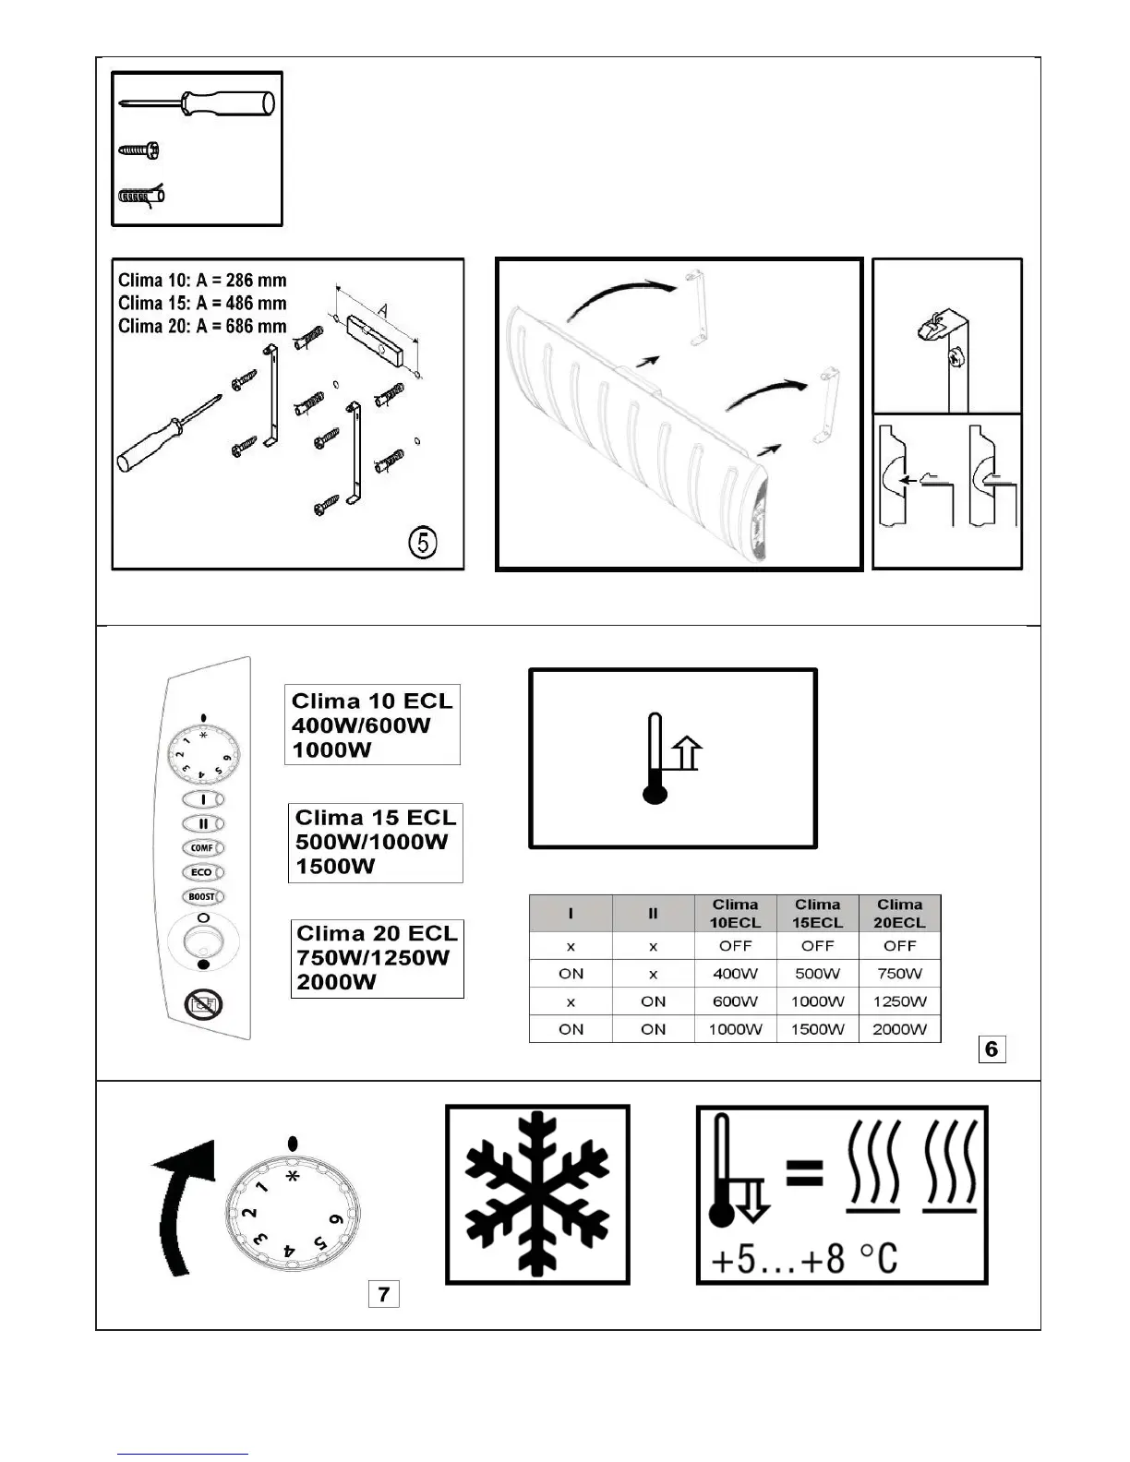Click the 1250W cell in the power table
pyautogui.click(x=899, y=1001)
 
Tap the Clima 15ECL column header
pyautogui.click(x=817, y=913)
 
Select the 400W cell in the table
pyautogui.click(x=735, y=974)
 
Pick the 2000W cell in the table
pyautogui.click(x=899, y=1029)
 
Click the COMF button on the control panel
pyautogui.click(x=202, y=847)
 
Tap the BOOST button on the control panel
pyautogui.click(x=202, y=896)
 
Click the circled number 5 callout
pyautogui.click(x=422, y=543)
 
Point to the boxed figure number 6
pyautogui.click(x=992, y=1049)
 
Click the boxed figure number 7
pyautogui.click(x=383, y=1294)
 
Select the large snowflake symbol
pyautogui.click(x=537, y=1194)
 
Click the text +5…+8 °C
pyautogui.click(x=804, y=1258)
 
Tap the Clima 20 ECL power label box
pyautogui.click(x=377, y=958)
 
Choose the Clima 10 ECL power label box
pyautogui.click(x=372, y=725)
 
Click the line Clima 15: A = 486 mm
pyautogui.click(x=202, y=303)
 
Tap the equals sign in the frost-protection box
pyautogui.click(x=804, y=1174)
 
